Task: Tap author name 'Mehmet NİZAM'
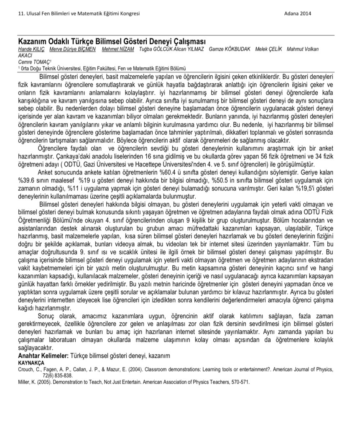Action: coord(119,49)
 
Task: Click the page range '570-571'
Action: coord(240,382)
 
